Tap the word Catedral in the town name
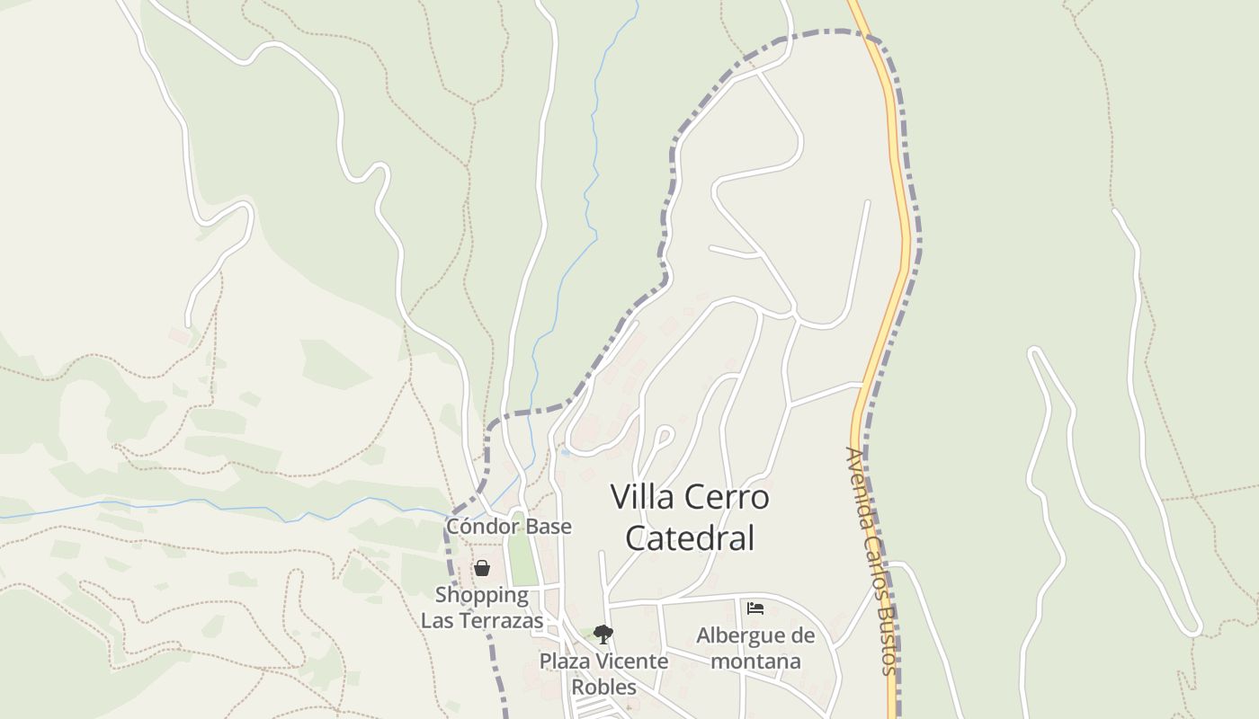[689, 538]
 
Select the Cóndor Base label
[508, 527]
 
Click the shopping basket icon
[482, 568]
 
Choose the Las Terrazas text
[482, 621]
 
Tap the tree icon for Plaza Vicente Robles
[603, 635]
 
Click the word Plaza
[564, 661]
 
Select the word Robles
[603, 688]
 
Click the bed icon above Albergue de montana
[755, 608]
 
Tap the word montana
[755, 661]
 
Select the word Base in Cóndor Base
[550, 527]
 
